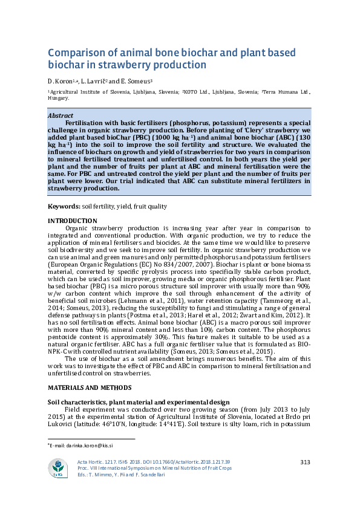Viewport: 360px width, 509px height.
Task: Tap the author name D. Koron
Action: point(60,81)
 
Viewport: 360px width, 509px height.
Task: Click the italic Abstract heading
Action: point(60,115)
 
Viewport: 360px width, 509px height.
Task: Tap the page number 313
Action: point(305,462)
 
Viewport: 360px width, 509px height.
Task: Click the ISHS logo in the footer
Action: point(59,468)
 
